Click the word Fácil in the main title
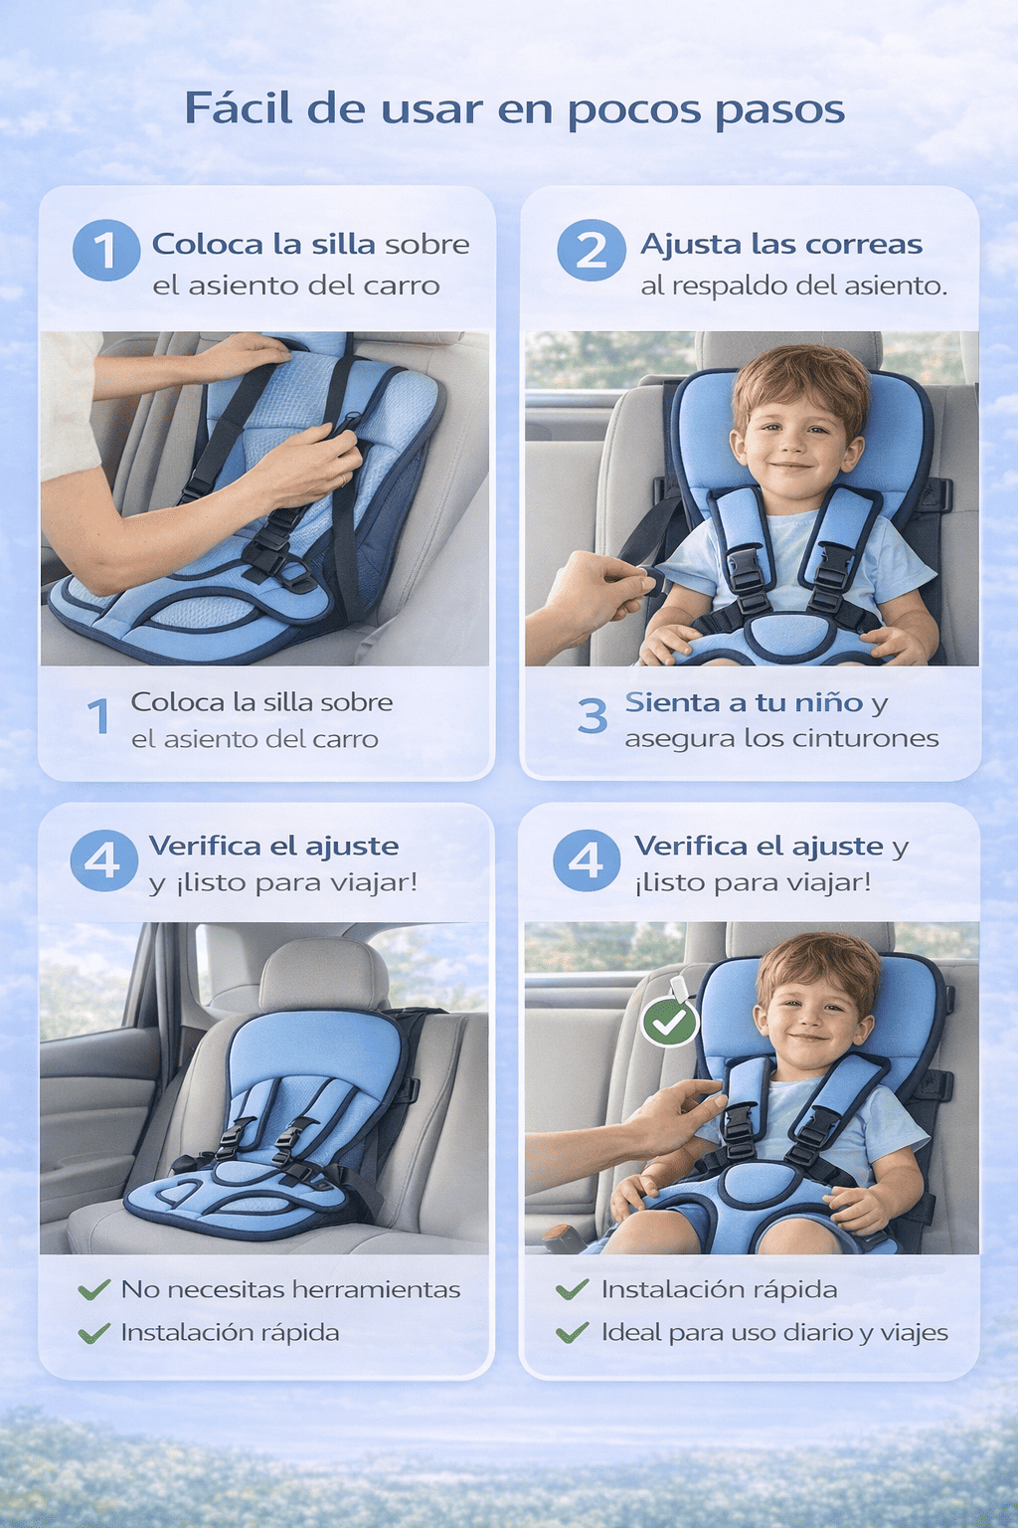coord(239,108)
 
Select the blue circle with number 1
coord(106,250)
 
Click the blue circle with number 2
coord(592,250)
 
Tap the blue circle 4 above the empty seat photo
coord(104,860)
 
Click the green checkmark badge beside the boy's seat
coord(670,1022)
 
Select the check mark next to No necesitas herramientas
coord(94,1289)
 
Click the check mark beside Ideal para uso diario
coord(572,1332)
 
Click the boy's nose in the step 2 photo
coord(794,446)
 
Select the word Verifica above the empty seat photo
coord(205,846)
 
